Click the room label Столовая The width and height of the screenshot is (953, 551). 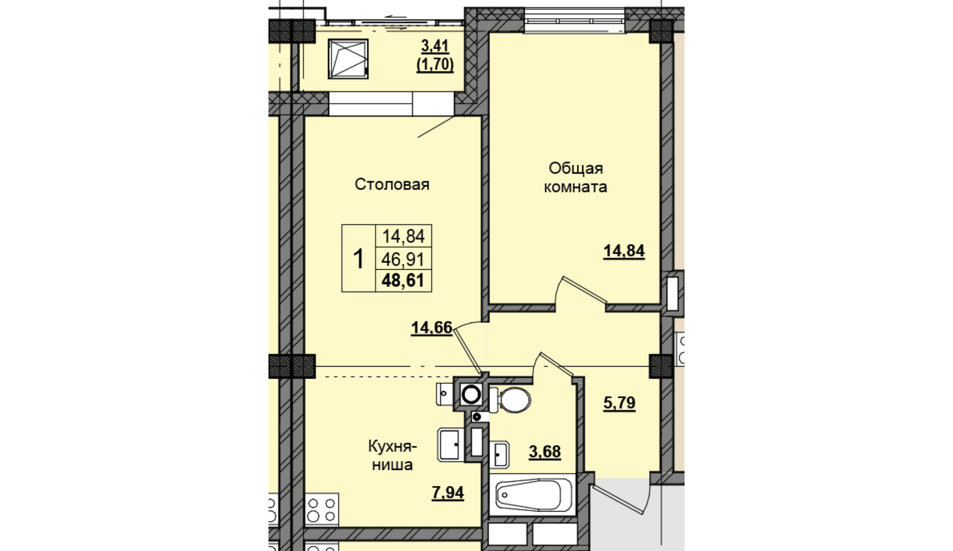(x=392, y=185)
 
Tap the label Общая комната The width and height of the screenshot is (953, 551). (x=576, y=178)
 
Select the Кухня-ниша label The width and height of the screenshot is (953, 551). (x=393, y=456)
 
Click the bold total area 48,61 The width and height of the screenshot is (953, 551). (x=403, y=281)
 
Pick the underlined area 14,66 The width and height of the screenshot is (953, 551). (x=431, y=328)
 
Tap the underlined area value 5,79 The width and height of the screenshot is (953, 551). (x=619, y=403)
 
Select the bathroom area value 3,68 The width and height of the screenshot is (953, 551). (x=544, y=452)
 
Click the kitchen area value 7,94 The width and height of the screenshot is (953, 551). (x=448, y=492)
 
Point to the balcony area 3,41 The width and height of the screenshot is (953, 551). (x=435, y=46)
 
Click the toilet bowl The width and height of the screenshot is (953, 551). (x=510, y=400)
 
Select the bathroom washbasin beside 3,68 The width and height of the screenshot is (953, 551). (x=500, y=455)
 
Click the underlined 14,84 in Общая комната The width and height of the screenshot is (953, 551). (x=624, y=251)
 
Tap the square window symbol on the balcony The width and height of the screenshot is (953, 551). (x=348, y=59)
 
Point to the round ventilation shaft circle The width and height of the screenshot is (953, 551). (x=471, y=395)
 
